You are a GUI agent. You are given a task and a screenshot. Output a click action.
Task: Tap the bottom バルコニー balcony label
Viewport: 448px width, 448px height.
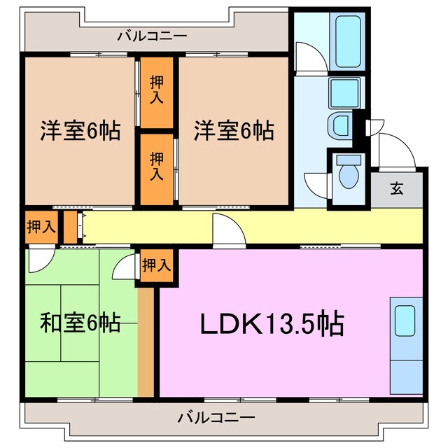[216, 419]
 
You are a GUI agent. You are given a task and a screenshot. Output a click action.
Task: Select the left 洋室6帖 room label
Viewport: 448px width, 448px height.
[79, 130]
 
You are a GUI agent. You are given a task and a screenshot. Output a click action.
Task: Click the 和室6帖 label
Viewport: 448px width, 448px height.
[79, 323]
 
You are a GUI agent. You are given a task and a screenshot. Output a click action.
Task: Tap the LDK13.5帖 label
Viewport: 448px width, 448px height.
[272, 323]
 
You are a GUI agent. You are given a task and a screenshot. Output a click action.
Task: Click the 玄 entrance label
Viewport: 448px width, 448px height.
[396, 188]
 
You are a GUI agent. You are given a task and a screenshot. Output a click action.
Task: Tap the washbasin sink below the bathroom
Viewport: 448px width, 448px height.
[340, 127]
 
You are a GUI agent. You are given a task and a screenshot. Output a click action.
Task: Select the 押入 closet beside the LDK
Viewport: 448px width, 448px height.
[156, 266]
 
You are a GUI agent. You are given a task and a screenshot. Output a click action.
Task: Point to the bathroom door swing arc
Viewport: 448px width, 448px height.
[308, 56]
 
